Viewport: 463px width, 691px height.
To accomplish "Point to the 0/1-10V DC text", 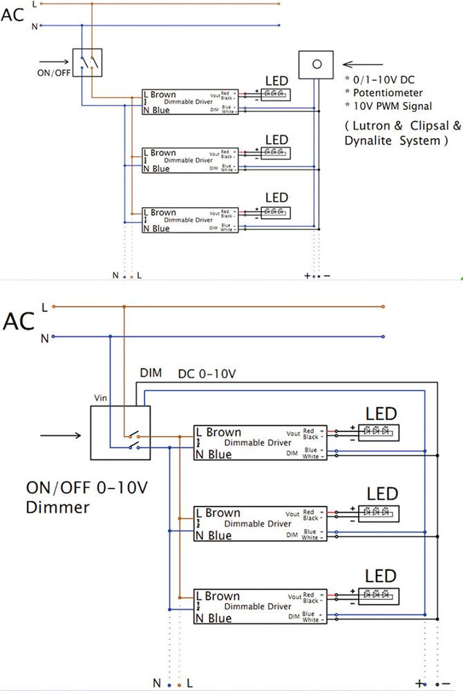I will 383,79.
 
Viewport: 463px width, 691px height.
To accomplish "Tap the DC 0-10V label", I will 207,373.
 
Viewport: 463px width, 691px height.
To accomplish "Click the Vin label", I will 102,399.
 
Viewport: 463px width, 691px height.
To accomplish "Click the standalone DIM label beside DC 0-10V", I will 151,373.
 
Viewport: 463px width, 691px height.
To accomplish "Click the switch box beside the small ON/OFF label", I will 88,62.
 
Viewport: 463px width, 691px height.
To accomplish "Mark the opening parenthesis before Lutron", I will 347,126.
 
